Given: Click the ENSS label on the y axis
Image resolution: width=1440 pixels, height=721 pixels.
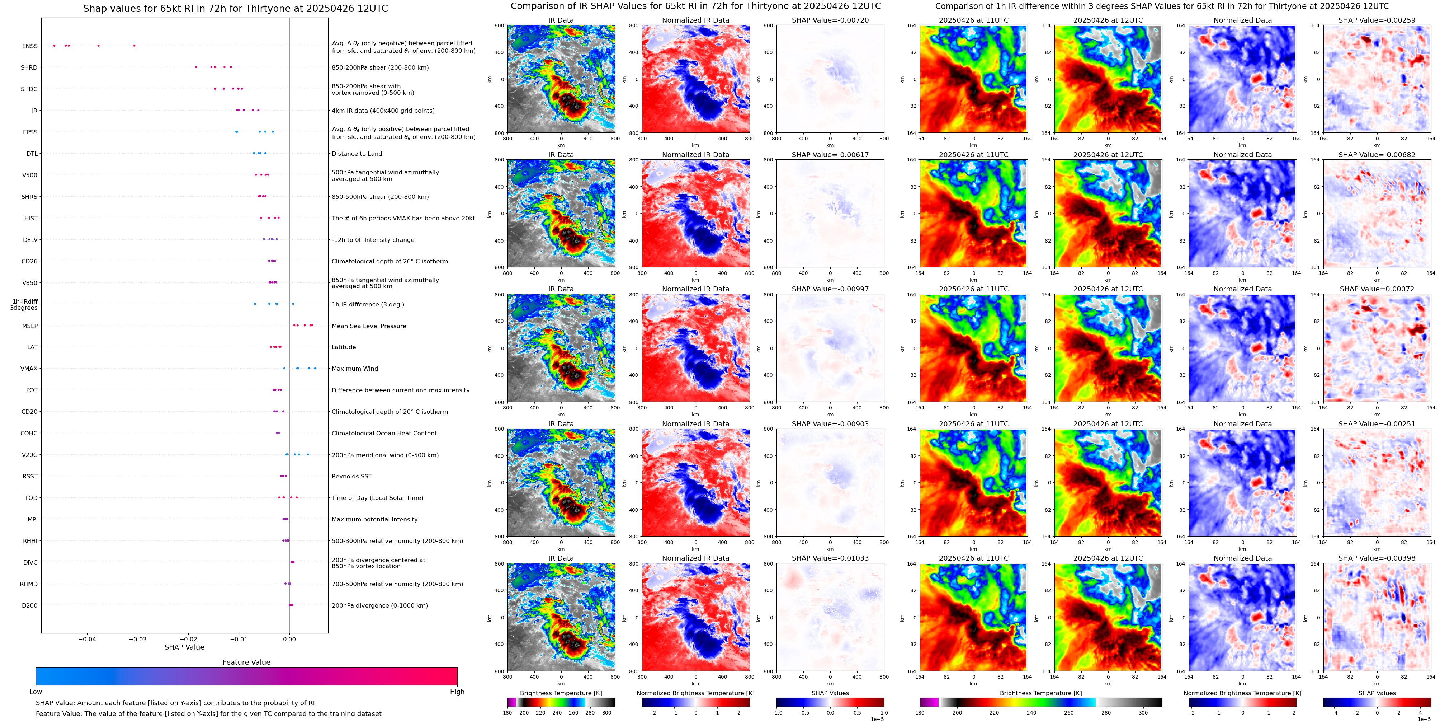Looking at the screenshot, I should [30, 46].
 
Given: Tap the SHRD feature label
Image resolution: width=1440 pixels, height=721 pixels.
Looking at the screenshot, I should [29, 68].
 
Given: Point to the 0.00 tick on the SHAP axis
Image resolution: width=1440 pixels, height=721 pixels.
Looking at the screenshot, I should [289, 639].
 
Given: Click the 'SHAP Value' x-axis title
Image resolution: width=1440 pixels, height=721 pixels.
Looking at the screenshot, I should [184, 647].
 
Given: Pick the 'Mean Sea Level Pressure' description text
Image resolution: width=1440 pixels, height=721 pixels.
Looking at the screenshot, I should [368, 326].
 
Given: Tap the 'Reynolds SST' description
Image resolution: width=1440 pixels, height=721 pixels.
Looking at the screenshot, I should [351, 477].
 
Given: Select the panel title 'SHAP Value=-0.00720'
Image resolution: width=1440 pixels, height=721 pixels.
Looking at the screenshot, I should [830, 20].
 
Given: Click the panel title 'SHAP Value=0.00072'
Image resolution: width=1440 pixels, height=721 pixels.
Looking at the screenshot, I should [1377, 289].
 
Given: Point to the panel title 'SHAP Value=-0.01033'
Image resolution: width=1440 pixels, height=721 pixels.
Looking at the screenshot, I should [830, 558].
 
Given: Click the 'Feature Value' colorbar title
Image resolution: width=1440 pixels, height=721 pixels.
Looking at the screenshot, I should [246, 662].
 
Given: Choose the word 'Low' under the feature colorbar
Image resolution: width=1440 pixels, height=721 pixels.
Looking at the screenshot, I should [36, 692].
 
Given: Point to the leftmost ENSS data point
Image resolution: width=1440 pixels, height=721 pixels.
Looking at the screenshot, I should [54, 45].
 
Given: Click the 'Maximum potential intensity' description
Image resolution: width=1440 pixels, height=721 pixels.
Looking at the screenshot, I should [374, 520].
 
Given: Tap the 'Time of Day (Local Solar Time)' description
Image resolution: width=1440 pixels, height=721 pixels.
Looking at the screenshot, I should [377, 498].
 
